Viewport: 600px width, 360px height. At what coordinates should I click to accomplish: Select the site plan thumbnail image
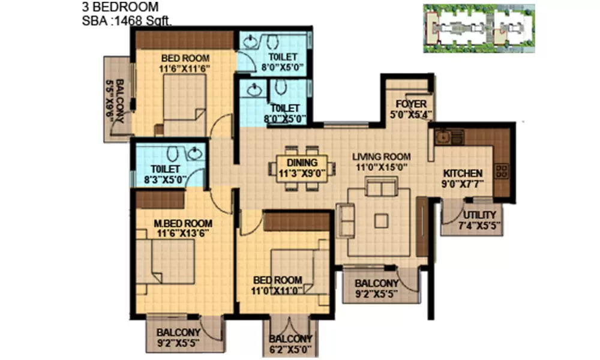pyautogui.click(x=478, y=28)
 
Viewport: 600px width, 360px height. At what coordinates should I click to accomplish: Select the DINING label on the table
pyautogui.click(x=298, y=162)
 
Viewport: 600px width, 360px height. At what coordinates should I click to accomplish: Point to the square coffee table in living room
pyautogui.click(x=381, y=220)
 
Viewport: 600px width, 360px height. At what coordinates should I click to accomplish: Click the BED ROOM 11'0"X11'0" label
pyautogui.click(x=277, y=286)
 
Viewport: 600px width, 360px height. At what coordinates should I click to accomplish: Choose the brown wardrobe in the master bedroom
pyautogui.click(x=160, y=199)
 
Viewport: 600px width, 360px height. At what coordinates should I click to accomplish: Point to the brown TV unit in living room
pyautogui.click(x=422, y=226)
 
